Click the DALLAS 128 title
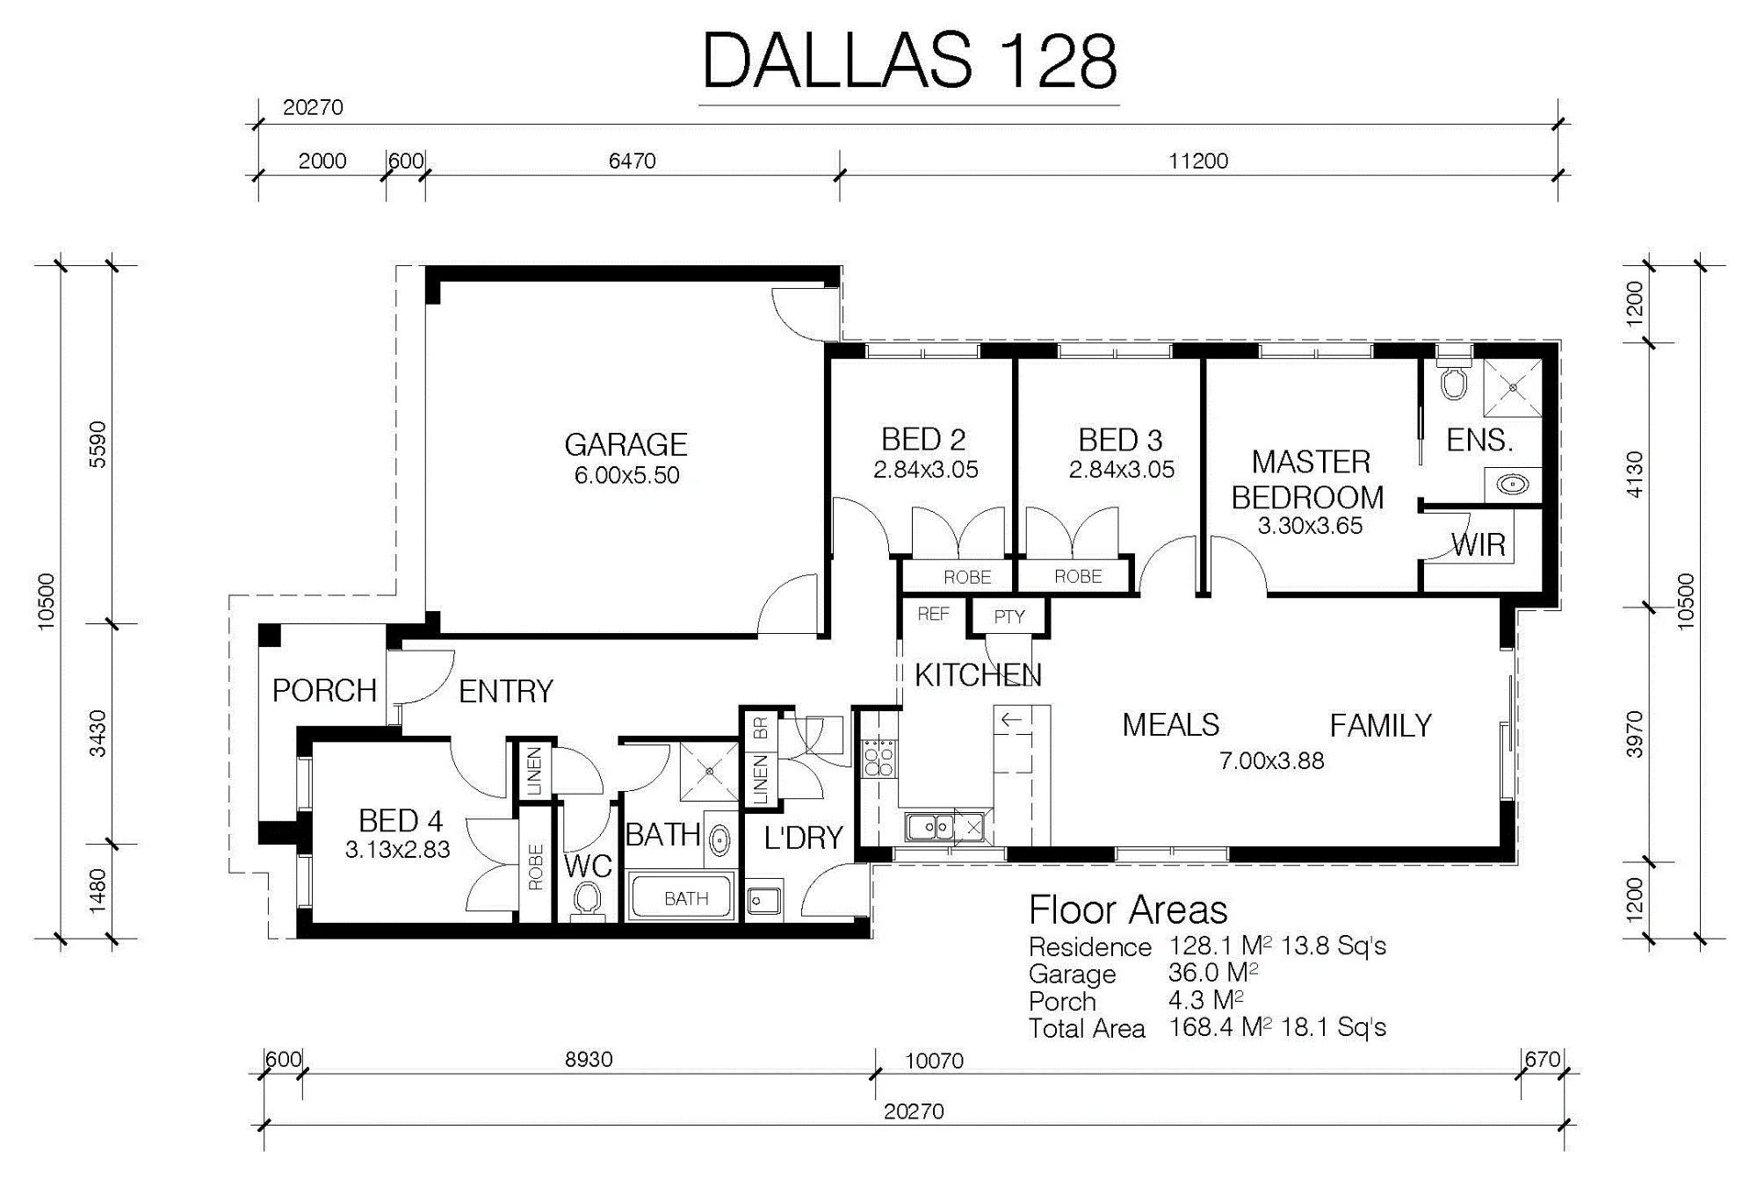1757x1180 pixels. tap(909, 61)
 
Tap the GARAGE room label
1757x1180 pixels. tap(625, 444)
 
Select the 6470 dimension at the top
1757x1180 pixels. tap(632, 161)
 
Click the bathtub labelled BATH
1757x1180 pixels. tap(682, 896)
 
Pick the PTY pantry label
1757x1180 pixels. tap(1009, 616)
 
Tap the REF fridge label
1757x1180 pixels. tap(933, 614)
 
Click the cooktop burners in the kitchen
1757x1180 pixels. tap(879, 759)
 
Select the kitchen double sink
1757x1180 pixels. tap(930, 827)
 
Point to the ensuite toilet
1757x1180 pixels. tap(1454, 377)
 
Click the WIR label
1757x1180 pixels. tap(1479, 545)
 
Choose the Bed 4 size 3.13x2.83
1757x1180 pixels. tap(397, 850)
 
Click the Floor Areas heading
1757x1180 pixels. tap(1128, 910)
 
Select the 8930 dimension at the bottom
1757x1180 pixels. tap(588, 1059)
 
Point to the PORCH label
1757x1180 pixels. tap(324, 691)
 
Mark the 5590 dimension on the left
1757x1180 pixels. tap(98, 444)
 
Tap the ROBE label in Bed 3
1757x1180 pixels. tap(1078, 577)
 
